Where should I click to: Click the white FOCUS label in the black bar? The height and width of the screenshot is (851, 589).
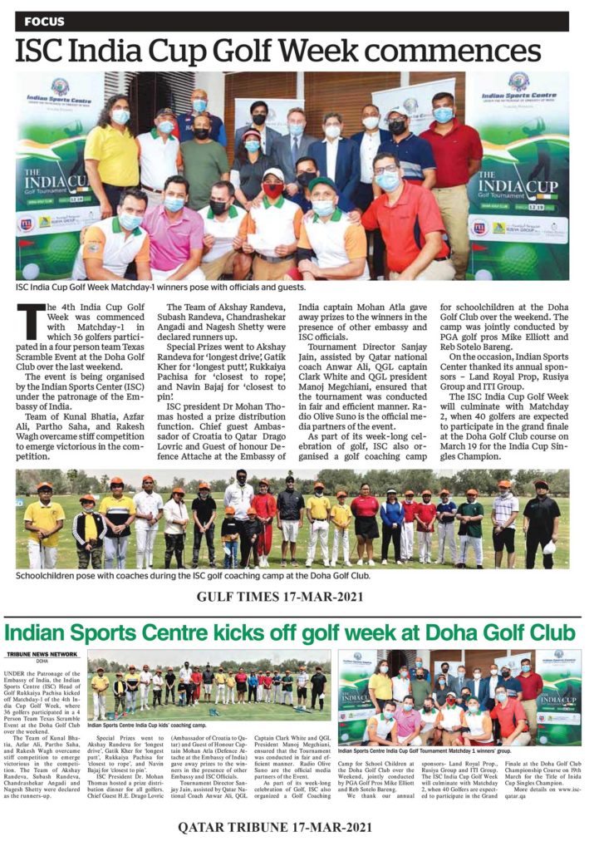click(45, 21)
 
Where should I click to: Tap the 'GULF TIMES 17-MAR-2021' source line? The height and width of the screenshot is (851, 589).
click(294, 595)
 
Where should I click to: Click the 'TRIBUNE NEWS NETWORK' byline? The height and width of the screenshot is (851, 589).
click(38, 655)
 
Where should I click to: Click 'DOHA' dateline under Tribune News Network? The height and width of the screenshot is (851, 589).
click(38, 662)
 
